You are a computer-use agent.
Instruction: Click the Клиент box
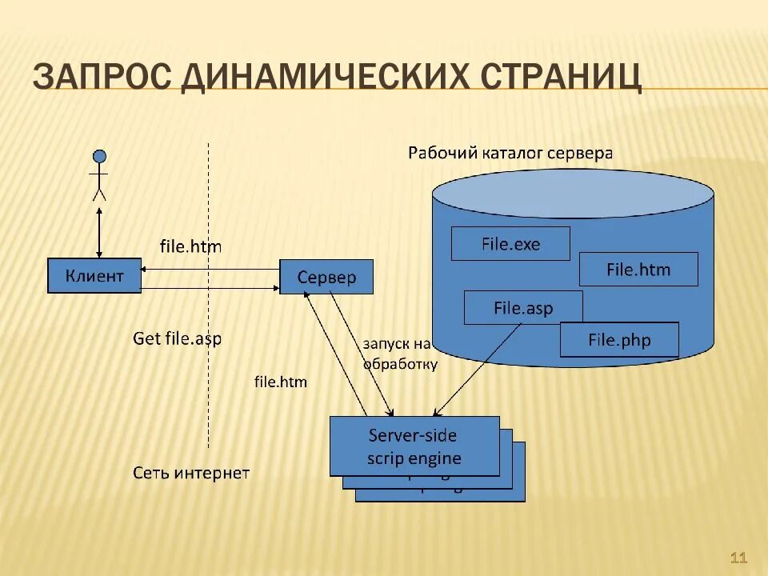(94, 276)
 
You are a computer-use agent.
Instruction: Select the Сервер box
(326, 278)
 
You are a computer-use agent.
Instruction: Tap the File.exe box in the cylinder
(510, 244)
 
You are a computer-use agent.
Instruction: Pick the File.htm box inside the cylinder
(638, 270)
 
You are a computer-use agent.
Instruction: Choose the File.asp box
(523, 308)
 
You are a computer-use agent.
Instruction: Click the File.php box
(619, 339)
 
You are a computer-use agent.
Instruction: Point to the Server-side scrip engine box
(414, 446)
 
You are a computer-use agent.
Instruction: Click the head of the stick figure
(99, 156)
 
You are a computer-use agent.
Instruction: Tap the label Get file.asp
(177, 338)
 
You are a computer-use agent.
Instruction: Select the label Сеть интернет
(191, 473)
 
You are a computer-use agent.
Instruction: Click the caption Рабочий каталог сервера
(510, 153)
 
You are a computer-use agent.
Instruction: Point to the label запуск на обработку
(399, 354)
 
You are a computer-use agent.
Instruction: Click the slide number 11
(738, 558)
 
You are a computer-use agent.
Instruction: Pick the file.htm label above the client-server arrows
(190, 246)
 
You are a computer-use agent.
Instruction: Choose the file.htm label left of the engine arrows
(280, 382)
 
